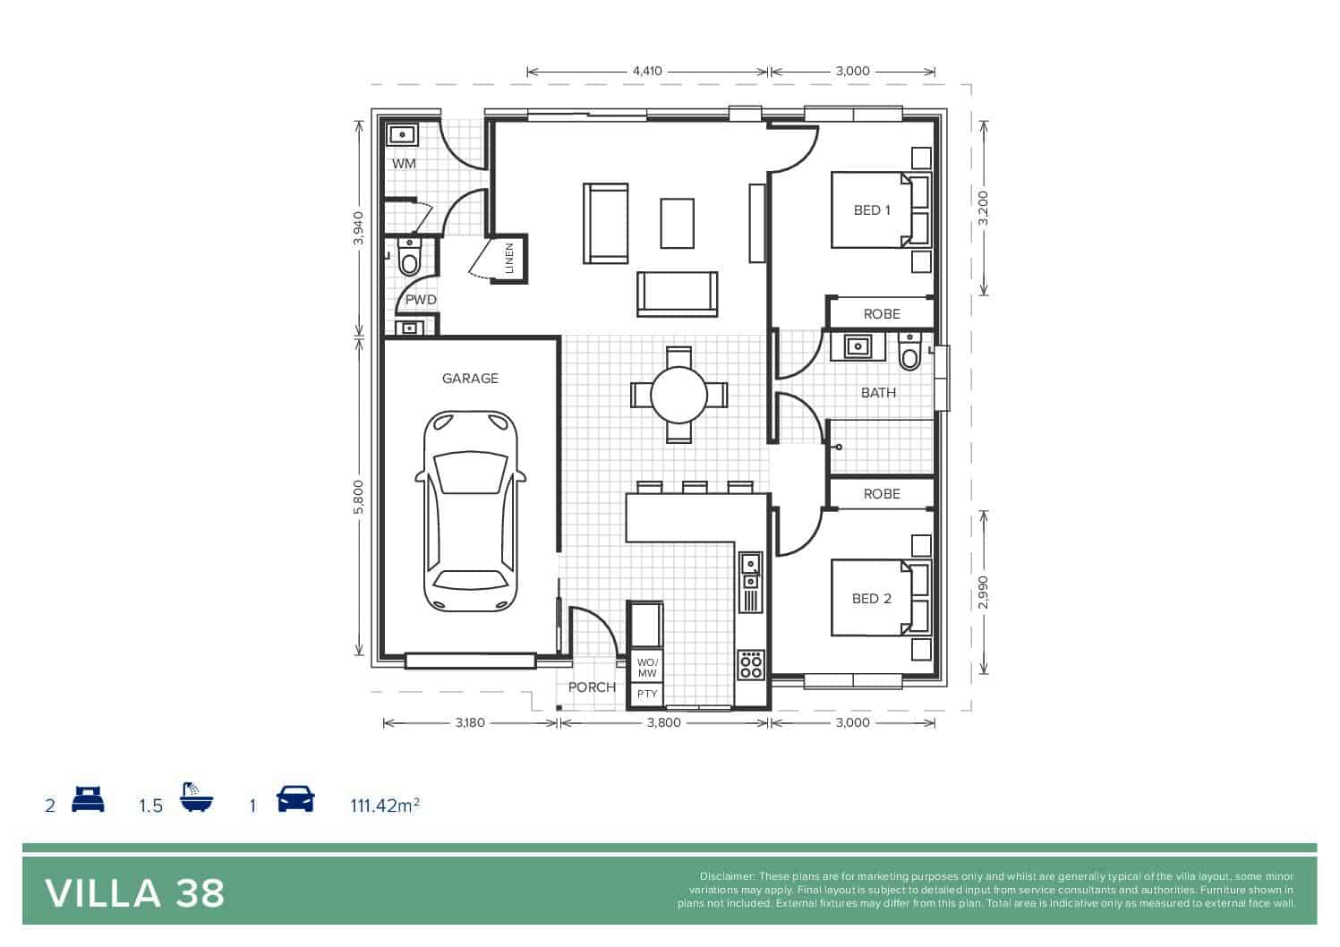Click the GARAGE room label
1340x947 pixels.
point(470,378)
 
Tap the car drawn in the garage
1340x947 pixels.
point(471,511)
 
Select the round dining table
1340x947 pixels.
point(679,395)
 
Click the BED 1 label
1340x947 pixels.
point(872,210)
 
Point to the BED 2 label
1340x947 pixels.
point(872,598)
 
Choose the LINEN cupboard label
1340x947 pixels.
point(509,258)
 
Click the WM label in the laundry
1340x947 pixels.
point(404,163)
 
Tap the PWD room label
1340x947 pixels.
point(421,300)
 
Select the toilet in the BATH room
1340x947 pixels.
point(909,352)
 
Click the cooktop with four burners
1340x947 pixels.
point(751,665)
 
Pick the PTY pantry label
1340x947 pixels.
point(646,694)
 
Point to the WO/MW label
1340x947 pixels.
point(646,668)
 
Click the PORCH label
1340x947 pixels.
point(592,687)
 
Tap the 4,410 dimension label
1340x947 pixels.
point(647,72)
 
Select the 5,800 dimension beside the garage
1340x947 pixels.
point(358,497)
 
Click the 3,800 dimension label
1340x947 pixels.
point(664,722)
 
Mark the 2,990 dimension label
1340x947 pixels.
point(983,593)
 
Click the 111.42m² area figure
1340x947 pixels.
point(385,806)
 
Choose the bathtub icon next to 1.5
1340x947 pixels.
point(196,797)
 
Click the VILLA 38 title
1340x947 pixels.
point(134,894)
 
